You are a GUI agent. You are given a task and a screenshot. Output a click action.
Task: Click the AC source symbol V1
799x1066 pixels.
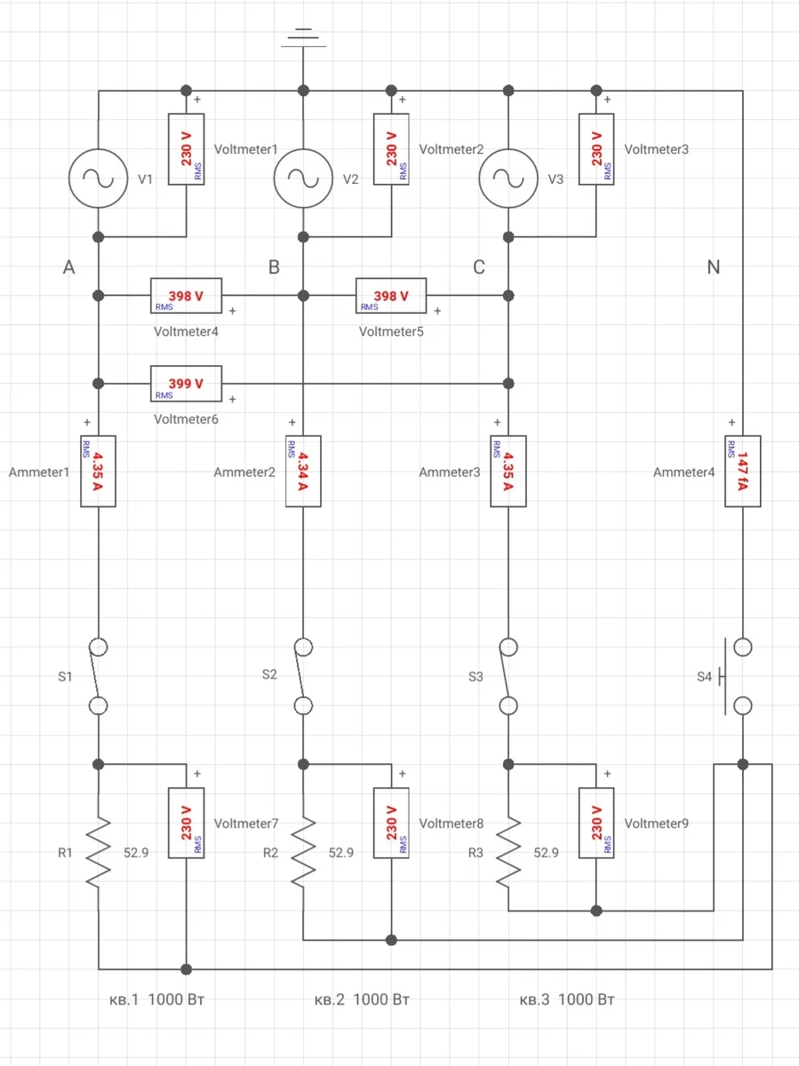[98, 179]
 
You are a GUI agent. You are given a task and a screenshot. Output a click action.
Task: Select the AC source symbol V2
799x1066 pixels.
[303, 179]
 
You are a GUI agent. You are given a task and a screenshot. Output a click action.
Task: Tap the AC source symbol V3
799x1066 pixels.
[508, 179]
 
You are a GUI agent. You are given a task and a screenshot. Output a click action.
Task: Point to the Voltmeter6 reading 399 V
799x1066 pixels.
[186, 384]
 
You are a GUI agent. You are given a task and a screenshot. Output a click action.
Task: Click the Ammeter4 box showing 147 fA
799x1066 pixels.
[743, 471]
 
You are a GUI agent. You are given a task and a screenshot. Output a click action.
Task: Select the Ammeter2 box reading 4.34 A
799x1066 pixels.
[303, 471]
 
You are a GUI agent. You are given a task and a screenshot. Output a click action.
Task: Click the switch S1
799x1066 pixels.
[98, 676]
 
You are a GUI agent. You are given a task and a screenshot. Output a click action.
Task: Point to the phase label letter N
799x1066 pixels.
[713, 267]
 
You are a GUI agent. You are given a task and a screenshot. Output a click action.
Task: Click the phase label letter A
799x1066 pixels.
[68, 267]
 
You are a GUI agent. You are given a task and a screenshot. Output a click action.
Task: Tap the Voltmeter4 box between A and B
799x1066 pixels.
[186, 296]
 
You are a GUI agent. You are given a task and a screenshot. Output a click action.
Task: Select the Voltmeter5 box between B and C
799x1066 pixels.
[391, 296]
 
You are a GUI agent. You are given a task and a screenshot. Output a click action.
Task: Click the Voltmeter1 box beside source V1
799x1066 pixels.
[186, 149]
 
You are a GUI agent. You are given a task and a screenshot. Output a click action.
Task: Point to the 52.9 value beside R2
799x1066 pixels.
[341, 853]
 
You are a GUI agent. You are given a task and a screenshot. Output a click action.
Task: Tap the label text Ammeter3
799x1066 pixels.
[449, 473]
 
